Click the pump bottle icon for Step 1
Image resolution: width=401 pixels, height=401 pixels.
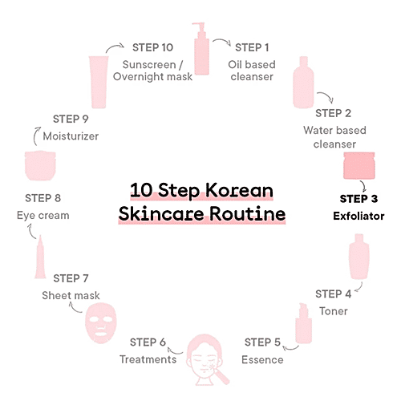click(x=199, y=49)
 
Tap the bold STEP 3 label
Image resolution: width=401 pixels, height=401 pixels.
click(x=358, y=199)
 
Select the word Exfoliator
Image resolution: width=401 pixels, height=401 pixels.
click(x=358, y=216)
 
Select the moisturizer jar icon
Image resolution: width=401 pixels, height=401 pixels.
click(x=41, y=166)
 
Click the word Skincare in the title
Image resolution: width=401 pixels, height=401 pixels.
click(x=155, y=216)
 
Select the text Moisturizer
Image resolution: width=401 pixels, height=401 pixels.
click(x=71, y=136)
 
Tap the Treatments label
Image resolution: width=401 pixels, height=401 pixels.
click(x=148, y=358)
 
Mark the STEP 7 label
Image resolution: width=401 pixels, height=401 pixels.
click(x=76, y=278)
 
